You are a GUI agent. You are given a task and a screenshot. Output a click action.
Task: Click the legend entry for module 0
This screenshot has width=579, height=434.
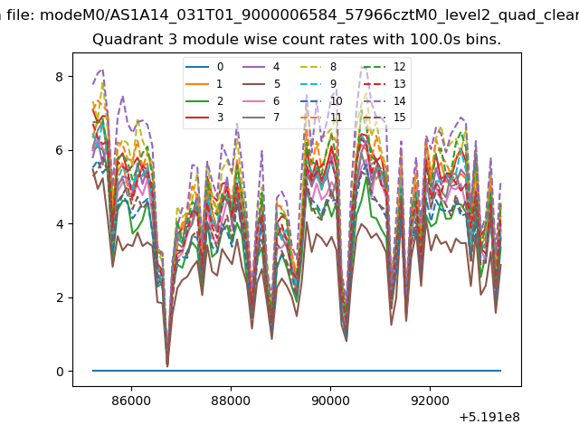point(204,67)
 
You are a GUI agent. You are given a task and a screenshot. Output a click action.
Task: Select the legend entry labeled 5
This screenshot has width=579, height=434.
point(261,84)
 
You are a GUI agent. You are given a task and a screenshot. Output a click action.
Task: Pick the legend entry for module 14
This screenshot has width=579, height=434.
point(384,100)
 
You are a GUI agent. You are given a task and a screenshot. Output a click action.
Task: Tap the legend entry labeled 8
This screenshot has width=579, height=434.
point(318,67)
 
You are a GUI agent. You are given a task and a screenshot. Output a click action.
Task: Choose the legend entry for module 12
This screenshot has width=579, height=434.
point(384,67)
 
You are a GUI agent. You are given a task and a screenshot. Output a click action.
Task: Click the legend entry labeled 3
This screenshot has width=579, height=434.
point(204,118)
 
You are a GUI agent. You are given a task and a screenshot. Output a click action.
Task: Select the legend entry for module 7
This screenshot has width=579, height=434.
point(261,118)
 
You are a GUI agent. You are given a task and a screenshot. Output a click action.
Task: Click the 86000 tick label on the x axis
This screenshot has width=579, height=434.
point(131,401)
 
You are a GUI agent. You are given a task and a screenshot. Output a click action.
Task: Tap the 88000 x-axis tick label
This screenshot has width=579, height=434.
point(231,401)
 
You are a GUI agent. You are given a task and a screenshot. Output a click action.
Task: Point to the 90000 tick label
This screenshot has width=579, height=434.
point(330,401)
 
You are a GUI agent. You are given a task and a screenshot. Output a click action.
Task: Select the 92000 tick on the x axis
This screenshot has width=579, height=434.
point(430,401)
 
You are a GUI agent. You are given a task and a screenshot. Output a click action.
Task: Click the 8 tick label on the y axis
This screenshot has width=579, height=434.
point(60,77)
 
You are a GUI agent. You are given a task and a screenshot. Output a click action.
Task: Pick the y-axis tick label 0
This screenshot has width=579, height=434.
point(60,372)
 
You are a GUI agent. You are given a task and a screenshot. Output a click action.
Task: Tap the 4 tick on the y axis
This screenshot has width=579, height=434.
point(60,224)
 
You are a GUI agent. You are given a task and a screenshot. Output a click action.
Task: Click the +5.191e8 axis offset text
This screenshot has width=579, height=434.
point(489,418)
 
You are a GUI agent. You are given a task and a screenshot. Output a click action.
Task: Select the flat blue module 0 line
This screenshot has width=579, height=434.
point(297,371)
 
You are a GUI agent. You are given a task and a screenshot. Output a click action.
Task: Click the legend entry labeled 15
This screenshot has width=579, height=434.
point(384,118)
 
